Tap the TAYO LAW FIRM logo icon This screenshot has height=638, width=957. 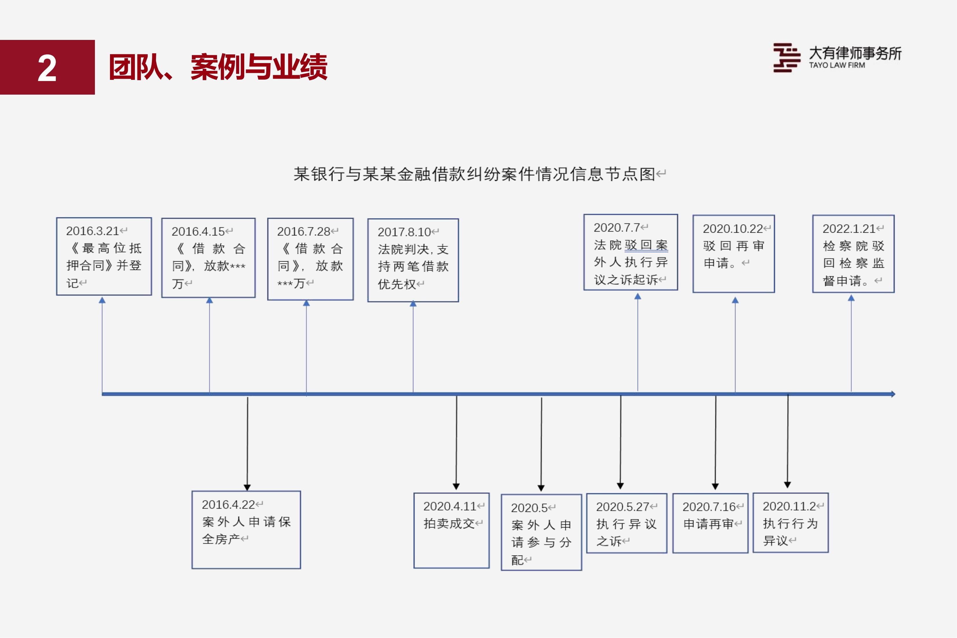click(787, 58)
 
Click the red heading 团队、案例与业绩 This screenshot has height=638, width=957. click(218, 67)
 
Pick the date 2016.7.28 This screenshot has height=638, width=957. click(304, 231)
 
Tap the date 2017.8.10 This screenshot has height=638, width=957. click(404, 232)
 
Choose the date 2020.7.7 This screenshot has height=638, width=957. click(617, 227)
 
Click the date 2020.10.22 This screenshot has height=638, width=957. click(733, 229)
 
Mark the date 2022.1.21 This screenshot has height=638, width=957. click(849, 229)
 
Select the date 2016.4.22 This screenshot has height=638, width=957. click(228, 505)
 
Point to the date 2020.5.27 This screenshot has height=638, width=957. click(622, 507)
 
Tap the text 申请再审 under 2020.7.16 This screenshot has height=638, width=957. click(708, 524)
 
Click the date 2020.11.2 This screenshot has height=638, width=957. click(789, 506)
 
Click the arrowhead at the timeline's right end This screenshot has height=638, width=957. click(893, 394)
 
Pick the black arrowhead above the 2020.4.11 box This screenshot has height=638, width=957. click(456, 486)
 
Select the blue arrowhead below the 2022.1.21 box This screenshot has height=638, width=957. click(851, 298)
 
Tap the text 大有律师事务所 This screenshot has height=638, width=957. click(855, 53)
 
